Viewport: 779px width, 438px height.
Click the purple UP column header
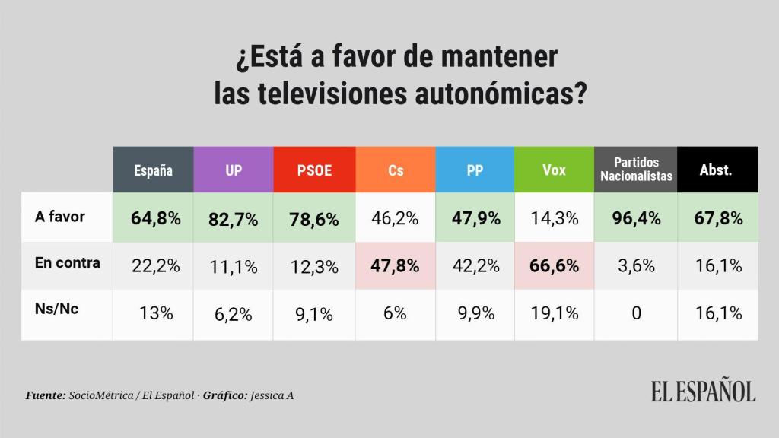(234, 170)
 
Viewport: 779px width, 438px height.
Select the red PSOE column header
(313, 170)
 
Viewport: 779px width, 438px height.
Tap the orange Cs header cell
(396, 170)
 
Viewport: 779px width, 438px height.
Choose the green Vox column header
(554, 170)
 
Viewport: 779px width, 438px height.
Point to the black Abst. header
(716, 170)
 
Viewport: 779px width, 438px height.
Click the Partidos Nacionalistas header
(636, 170)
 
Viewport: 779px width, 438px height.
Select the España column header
(153, 170)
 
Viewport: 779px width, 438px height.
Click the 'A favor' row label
(60, 217)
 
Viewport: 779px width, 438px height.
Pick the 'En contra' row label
(68, 263)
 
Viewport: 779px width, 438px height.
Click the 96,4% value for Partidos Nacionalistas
(636, 219)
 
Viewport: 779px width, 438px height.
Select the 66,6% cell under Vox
(554, 266)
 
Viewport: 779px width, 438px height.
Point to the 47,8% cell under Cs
(396, 266)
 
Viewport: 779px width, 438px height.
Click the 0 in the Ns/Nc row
(636, 313)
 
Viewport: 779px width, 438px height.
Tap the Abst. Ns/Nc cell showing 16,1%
(716, 313)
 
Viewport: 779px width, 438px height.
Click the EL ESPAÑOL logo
(703, 391)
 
